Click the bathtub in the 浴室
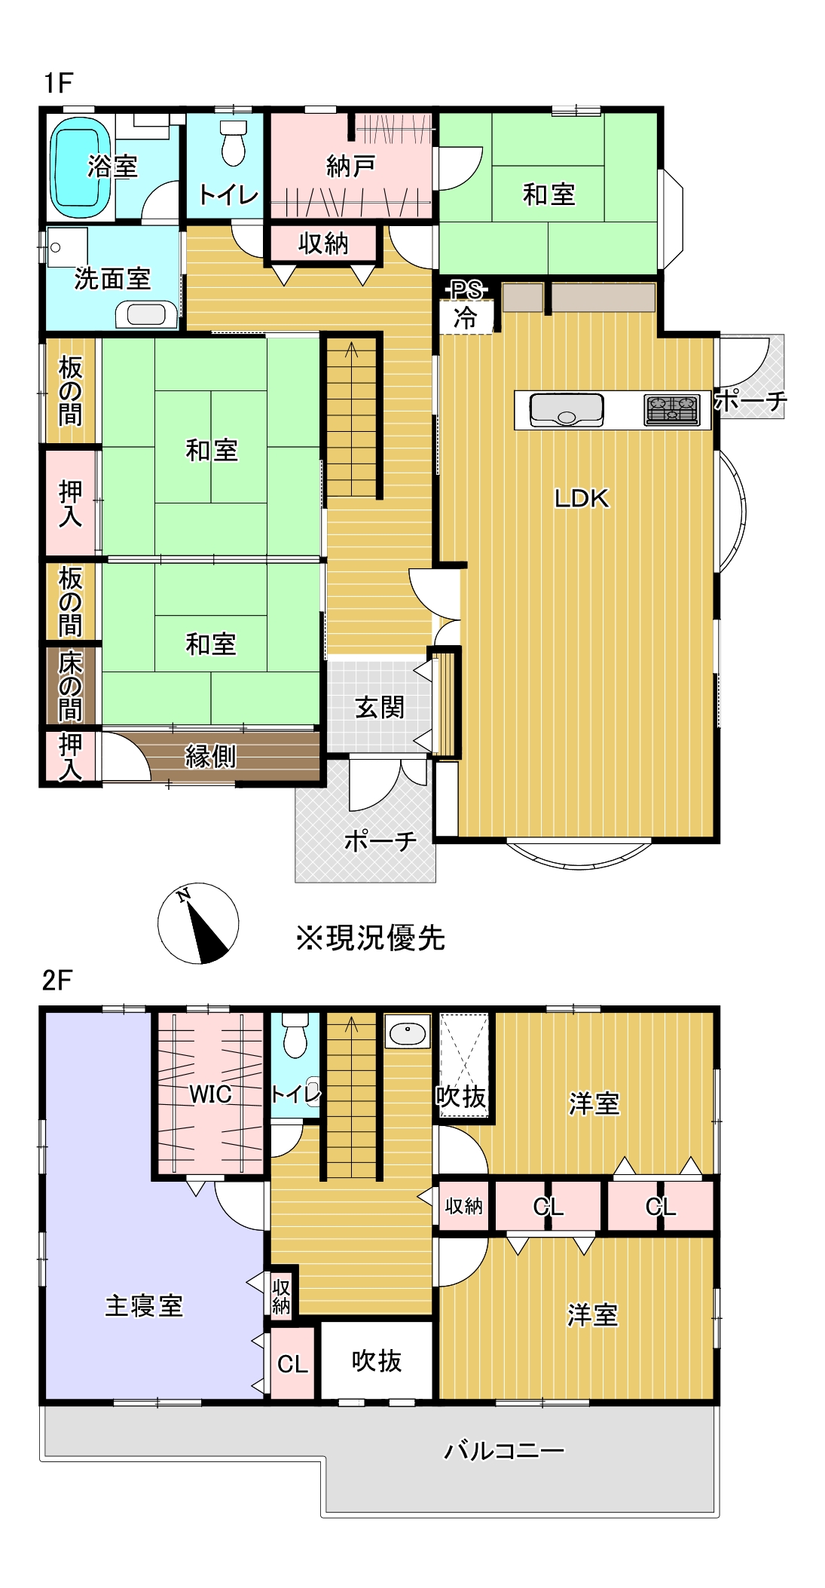[x=79, y=167]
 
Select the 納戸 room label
[x=350, y=166]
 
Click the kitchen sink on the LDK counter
[x=567, y=409]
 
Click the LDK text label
[x=581, y=498]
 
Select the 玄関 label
[x=380, y=708]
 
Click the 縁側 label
[x=211, y=756]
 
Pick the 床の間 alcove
[x=70, y=687]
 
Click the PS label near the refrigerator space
[x=466, y=290]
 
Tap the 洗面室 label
[x=112, y=278]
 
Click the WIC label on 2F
[x=210, y=1094]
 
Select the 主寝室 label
[x=144, y=1305]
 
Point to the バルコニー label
[x=504, y=1450]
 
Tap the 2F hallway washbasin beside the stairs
[x=408, y=1032]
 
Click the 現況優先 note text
[x=371, y=938]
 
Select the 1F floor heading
[x=58, y=83]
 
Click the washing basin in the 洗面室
[x=146, y=314]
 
